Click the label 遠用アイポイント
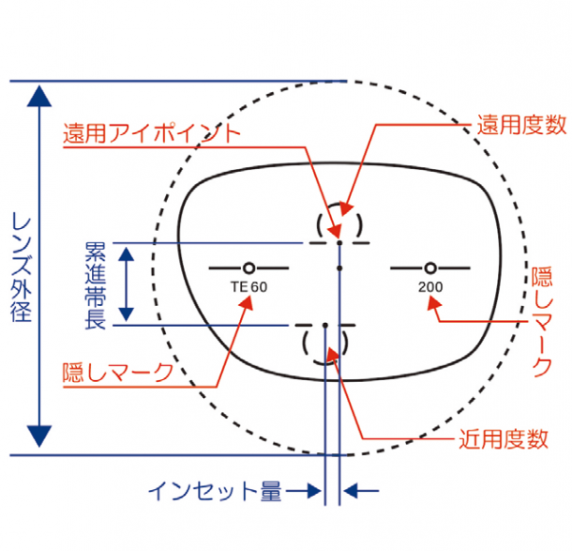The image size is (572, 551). [x=152, y=132]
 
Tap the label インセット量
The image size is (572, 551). [x=215, y=490]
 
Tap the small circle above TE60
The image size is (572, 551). [x=248, y=267]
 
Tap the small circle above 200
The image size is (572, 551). [x=429, y=267]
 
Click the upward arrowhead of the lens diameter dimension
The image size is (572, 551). [x=38, y=96]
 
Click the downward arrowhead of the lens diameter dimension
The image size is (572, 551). [x=38, y=436]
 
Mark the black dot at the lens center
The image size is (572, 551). [x=339, y=268]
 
